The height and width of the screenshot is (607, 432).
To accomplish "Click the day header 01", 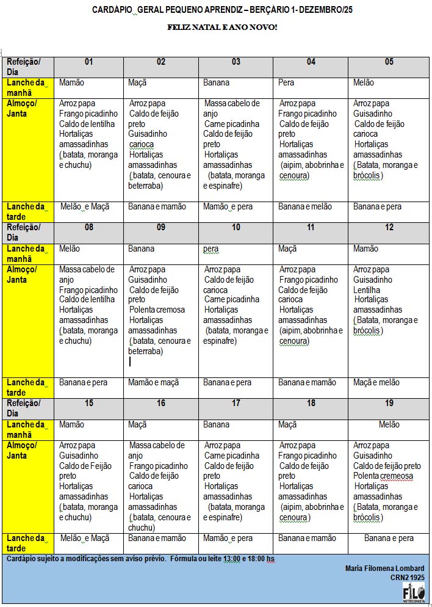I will pyautogui.click(x=88, y=62).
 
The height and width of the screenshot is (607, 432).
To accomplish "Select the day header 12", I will pyautogui.click(x=389, y=228).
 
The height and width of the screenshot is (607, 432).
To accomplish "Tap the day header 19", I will pyautogui.click(x=389, y=404).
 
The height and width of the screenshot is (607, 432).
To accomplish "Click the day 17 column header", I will pyautogui.click(x=236, y=404).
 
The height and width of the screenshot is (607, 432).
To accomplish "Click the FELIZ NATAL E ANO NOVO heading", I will pyautogui.click(x=222, y=27).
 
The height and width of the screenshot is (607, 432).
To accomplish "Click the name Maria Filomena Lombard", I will pyautogui.click(x=384, y=569).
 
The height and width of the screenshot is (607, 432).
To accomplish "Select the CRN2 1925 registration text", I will pyautogui.click(x=408, y=577).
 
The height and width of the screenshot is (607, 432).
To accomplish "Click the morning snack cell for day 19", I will pyautogui.click(x=389, y=424).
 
